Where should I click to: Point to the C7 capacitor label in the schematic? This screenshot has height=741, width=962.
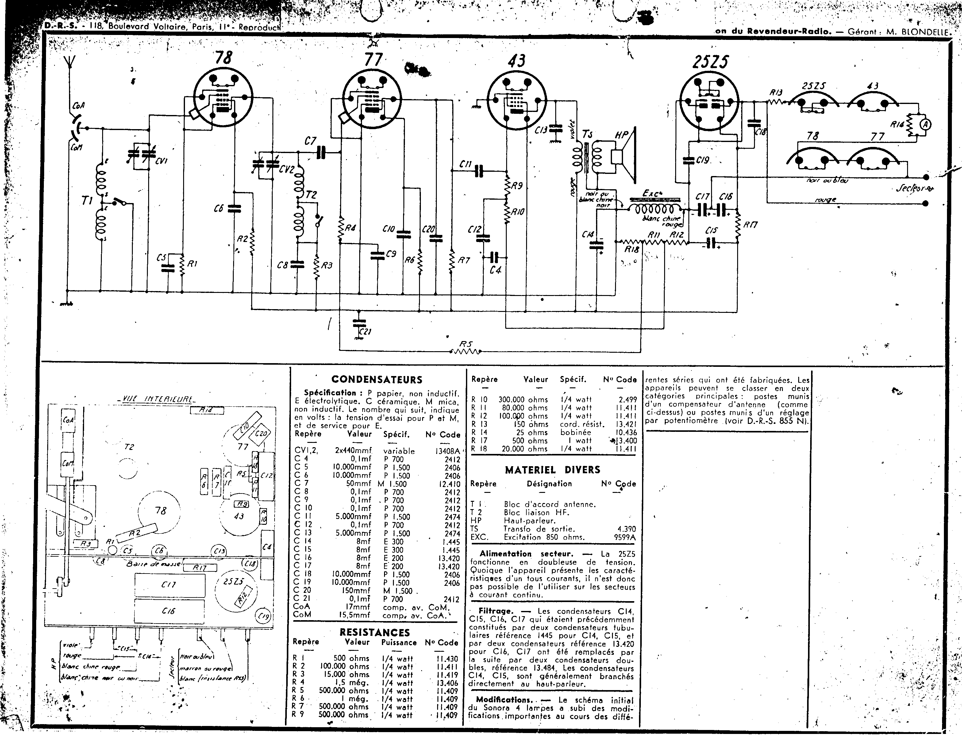coord(310,141)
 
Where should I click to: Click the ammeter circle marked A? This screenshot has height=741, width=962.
coord(925,125)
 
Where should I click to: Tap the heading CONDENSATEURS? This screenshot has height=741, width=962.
coord(377,379)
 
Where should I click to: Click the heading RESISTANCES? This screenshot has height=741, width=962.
coord(375,632)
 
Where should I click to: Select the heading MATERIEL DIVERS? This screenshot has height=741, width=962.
coord(552,470)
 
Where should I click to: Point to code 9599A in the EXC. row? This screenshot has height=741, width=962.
coord(625,537)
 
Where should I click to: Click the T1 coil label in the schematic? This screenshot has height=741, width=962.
coord(87,201)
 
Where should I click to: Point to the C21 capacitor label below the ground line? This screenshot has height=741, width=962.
coord(366,332)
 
